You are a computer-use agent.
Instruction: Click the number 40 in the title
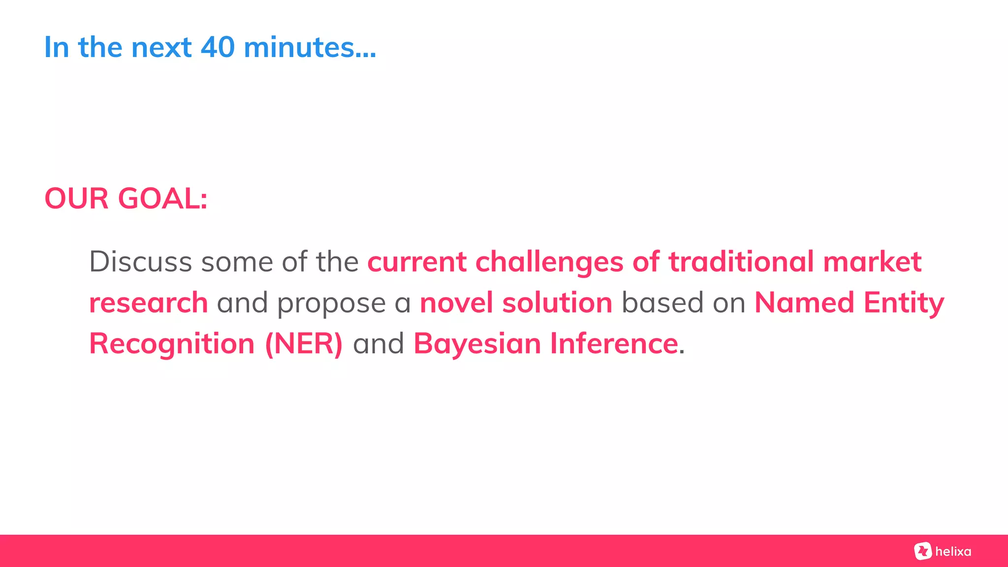point(218,48)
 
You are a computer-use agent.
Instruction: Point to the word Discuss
point(140,261)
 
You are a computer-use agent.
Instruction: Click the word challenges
point(549,262)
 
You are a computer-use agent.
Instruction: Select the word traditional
point(741,261)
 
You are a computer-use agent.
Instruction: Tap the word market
point(872,261)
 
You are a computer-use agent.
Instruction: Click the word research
point(149,303)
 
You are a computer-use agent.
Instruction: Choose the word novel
point(456,302)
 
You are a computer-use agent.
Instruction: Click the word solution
point(557,302)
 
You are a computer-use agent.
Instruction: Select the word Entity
point(904,303)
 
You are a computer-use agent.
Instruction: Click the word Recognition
point(172,344)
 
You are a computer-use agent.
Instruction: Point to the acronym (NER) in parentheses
point(304,344)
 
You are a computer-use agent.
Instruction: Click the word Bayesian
point(477,344)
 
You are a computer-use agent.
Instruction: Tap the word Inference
point(614,343)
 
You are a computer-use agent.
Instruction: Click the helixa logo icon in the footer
point(923,551)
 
